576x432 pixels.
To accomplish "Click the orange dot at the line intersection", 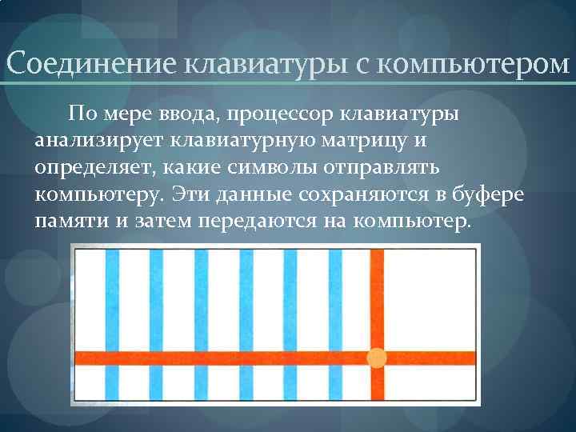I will point(376,358).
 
